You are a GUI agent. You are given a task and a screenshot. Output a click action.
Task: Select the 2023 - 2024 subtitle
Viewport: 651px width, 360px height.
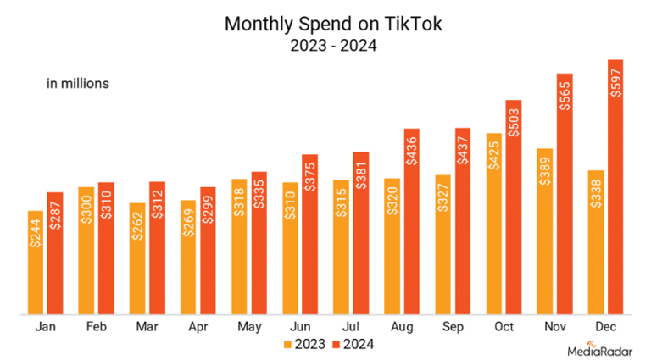coord(333,46)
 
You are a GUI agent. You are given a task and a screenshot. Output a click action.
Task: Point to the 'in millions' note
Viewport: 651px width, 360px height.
coord(78,84)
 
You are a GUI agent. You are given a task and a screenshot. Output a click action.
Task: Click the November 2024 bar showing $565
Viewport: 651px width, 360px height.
coord(565,195)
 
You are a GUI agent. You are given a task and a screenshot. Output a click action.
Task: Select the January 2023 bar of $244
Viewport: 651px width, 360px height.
coord(36,263)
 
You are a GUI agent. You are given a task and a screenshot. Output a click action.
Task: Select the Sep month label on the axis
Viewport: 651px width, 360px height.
coord(453,326)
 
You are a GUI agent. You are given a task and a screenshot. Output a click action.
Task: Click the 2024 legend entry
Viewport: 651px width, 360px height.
coord(352,343)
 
